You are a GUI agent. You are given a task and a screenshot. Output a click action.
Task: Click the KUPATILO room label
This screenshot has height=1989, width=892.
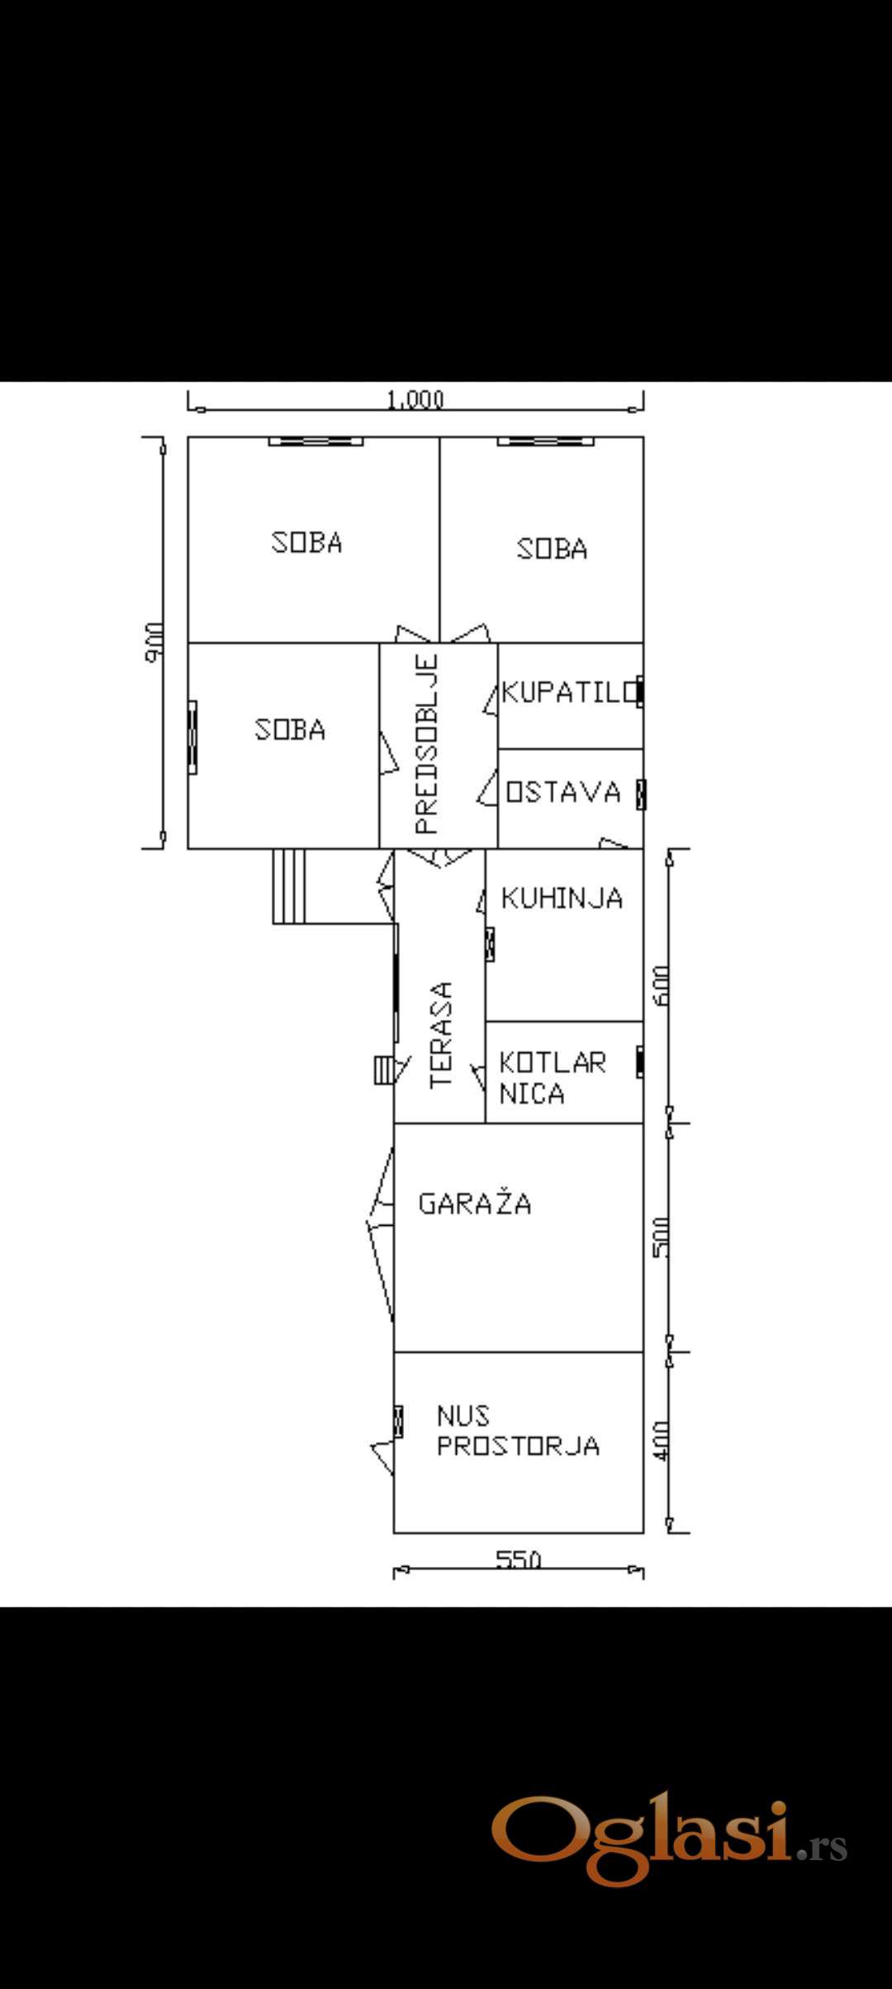tap(571, 691)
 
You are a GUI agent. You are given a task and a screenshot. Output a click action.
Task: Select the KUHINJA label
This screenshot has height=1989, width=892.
tap(562, 898)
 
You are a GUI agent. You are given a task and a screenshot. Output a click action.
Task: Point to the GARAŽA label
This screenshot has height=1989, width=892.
tap(475, 1203)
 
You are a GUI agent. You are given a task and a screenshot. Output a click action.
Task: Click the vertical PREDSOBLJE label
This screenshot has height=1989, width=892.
tap(426, 744)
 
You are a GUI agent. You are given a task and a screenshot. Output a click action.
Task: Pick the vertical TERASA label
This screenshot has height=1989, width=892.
tap(442, 1034)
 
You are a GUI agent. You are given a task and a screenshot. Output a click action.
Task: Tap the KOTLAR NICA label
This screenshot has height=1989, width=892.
tap(553, 1077)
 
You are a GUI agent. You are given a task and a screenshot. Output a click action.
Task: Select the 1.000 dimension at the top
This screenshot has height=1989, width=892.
tap(415, 400)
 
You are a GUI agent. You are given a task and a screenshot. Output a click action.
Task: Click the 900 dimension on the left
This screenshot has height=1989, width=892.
tap(154, 642)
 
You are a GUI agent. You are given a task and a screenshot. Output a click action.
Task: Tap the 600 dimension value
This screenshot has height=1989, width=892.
tap(662, 985)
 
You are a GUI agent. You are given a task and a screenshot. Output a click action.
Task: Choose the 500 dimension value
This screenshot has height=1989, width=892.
tap(662, 1237)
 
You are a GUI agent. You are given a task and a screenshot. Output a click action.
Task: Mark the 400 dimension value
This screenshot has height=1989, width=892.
tap(662, 1440)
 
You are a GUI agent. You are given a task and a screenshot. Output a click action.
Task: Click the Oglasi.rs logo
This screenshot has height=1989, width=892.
tap(670, 1841)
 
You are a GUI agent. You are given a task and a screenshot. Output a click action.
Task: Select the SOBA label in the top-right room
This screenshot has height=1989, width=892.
tap(552, 548)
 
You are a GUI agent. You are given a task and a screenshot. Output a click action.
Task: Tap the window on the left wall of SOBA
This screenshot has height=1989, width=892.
tap(192, 737)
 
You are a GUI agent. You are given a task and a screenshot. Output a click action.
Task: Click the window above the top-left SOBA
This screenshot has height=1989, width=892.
tap(316, 441)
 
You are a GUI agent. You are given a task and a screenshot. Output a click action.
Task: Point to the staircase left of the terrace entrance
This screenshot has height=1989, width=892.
tap(289, 885)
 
